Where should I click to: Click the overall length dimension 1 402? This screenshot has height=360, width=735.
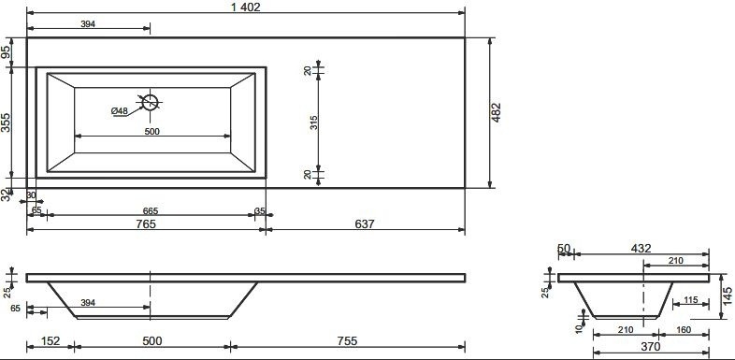pos(245,7)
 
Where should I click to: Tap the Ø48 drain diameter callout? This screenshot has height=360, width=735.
pos(120,111)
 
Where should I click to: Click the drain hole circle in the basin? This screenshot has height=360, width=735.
pos(150,102)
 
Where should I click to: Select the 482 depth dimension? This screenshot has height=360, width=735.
pos(497,112)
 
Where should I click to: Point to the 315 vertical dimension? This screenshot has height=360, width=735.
pos(313,122)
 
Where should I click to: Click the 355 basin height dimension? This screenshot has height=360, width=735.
pos(6,122)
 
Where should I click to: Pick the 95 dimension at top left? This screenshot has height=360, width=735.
pos(6,51)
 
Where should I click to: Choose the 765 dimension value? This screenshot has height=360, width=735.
pos(146,224)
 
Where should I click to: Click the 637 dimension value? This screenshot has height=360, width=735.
pos(365,224)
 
